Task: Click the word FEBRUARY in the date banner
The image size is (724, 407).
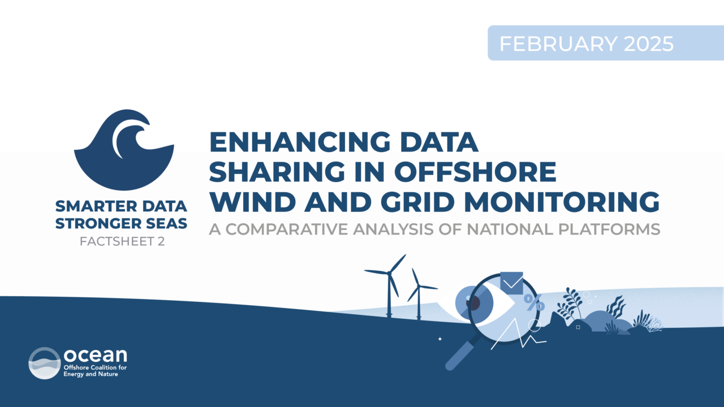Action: click(x=558, y=44)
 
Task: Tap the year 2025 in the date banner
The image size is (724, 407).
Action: click(x=649, y=44)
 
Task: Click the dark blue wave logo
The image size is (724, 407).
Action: click(x=124, y=150)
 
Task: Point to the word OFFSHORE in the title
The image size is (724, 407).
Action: click(x=475, y=171)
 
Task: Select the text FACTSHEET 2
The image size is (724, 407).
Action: click(x=122, y=241)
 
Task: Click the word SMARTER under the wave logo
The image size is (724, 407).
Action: click(x=96, y=206)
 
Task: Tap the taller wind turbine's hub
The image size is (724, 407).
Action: click(x=390, y=274)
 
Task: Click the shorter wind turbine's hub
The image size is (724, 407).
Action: click(x=419, y=286)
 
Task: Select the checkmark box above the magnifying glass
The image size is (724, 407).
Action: click(x=512, y=283)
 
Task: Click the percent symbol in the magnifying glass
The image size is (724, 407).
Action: click(x=534, y=302)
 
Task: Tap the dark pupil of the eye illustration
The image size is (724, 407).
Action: click(x=473, y=302)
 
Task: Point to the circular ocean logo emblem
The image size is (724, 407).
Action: click(x=45, y=363)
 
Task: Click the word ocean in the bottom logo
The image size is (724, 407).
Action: click(x=96, y=355)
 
